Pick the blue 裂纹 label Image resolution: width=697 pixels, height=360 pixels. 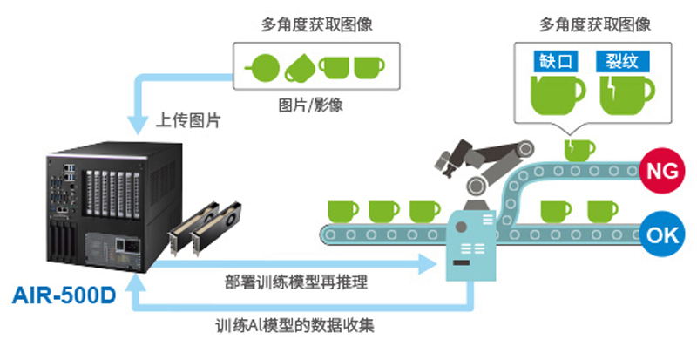point(618,62)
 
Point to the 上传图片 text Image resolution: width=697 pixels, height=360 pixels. point(187,119)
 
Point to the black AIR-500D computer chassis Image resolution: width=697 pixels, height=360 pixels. point(96,209)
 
